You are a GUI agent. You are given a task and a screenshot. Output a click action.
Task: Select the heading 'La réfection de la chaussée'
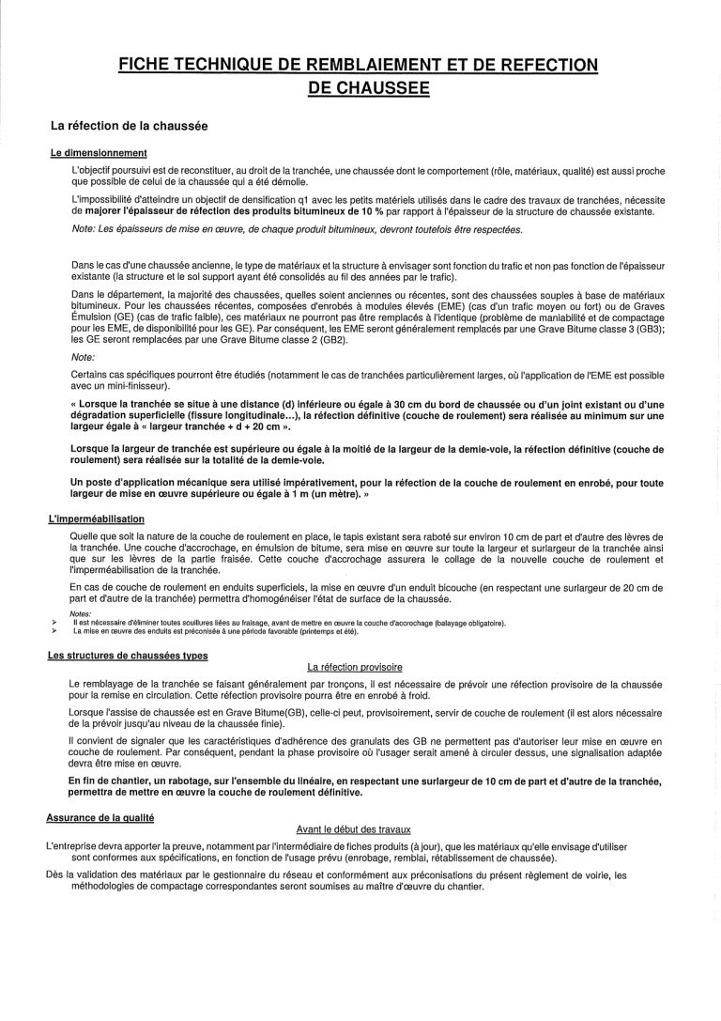[x=129, y=125]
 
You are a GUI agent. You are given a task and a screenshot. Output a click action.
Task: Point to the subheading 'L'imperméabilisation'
[x=96, y=519]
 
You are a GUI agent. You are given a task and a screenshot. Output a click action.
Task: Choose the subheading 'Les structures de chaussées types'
[x=128, y=656]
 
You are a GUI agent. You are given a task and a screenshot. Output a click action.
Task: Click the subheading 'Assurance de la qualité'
[x=100, y=819]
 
